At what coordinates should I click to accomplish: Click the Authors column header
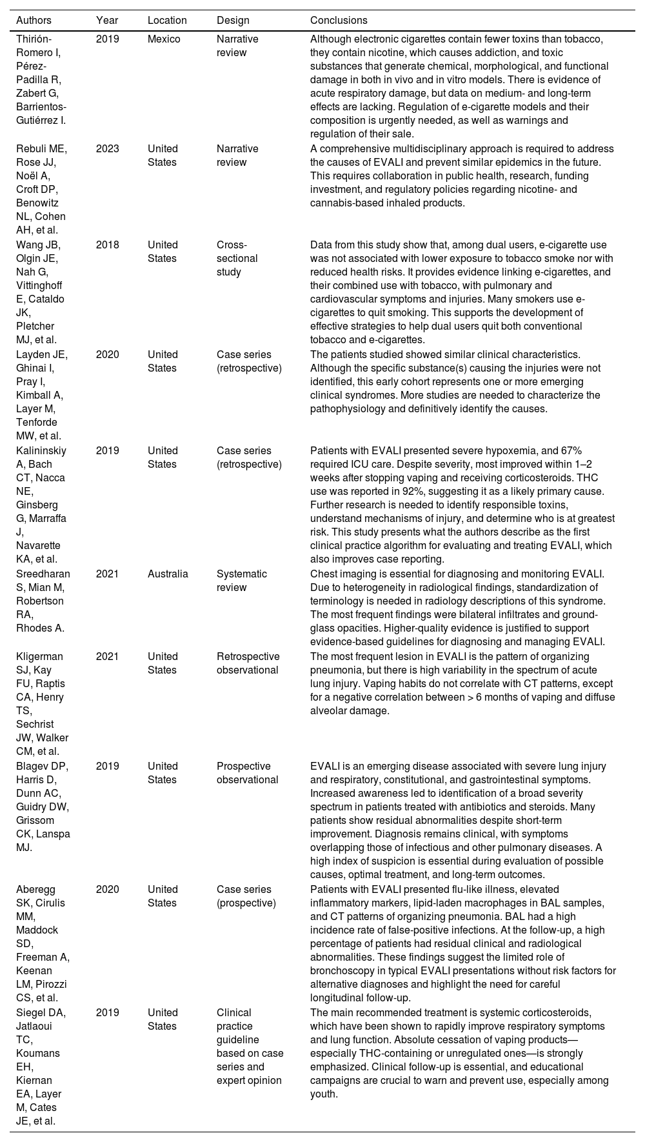(34, 20)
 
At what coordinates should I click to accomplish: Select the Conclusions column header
(337, 20)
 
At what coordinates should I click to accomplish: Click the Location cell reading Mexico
(164, 39)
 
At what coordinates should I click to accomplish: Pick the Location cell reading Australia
(168, 574)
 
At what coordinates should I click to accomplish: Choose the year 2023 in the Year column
(107, 148)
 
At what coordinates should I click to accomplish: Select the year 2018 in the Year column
(107, 245)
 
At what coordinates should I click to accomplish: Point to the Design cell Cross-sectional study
(237, 258)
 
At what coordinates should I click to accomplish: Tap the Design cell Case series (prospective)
(246, 896)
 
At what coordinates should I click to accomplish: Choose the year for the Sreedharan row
(107, 574)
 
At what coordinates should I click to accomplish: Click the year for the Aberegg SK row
(107, 889)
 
